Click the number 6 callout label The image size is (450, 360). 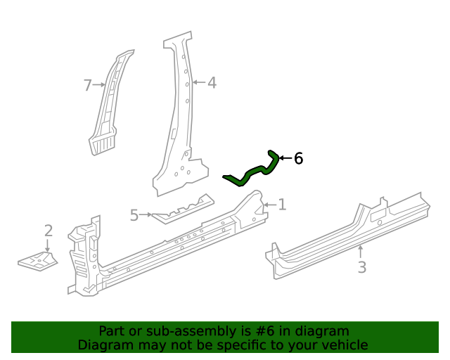[x=298, y=159]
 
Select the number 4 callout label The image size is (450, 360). [x=211, y=83]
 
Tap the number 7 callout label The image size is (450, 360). [x=88, y=86]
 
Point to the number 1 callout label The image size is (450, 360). [x=282, y=205]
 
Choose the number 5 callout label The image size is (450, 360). [x=134, y=215]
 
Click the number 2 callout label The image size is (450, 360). [x=48, y=231]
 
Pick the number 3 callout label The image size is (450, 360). [x=361, y=267]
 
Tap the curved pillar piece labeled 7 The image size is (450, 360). [x=109, y=105]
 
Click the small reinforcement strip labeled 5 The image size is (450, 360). [x=181, y=210]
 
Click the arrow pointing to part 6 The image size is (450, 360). [x=285, y=159]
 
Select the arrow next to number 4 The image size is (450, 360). [x=198, y=83]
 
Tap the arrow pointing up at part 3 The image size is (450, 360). [x=361, y=250]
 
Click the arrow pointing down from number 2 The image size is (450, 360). [x=48, y=245]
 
